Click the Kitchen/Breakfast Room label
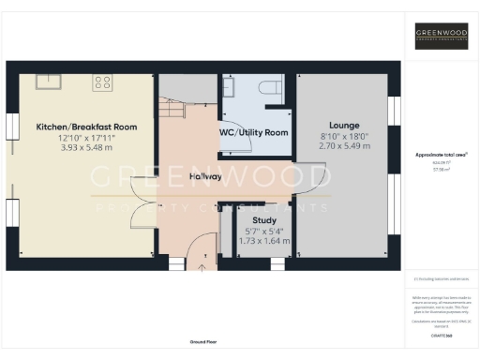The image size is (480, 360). click(86, 127)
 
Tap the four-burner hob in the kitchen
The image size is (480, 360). click(101, 82)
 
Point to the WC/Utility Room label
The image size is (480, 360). click(253, 133)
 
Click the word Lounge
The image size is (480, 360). click(344, 125)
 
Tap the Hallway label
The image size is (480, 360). click(205, 176)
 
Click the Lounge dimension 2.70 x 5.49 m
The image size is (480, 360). click(344, 146)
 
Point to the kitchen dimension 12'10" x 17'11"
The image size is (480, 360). click(86, 138)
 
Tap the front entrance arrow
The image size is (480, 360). click(200, 266)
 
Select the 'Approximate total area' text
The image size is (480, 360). click(441, 154)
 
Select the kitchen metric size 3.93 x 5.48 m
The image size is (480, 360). click(86, 148)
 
